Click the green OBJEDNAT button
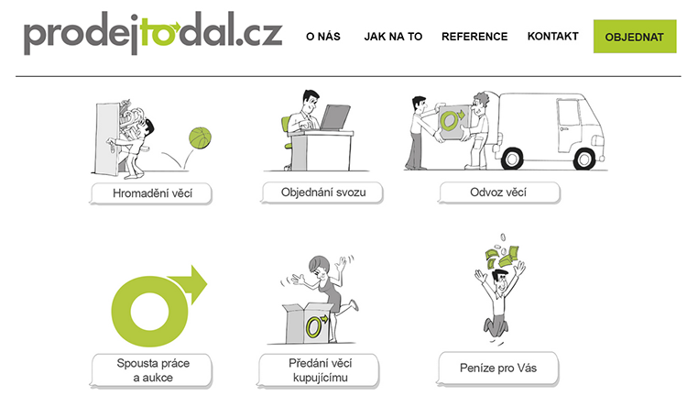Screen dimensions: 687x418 [635, 37]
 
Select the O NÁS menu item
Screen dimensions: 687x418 [323, 37]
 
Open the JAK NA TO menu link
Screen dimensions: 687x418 [393, 37]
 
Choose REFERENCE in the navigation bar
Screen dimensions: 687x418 [474, 37]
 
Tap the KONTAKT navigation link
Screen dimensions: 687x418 [553, 36]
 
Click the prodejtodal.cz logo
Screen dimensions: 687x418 [153, 33]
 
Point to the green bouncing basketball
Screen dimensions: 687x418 [201, 137]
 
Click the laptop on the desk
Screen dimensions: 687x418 [335, 117]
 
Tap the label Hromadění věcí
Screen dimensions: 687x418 [151, 193]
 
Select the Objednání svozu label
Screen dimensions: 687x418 [323, 192]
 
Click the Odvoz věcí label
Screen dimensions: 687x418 [498, 192]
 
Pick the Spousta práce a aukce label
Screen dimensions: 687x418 [152, 370]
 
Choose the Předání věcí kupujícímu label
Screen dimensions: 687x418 [320, 370]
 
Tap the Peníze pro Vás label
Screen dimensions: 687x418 [497, 368]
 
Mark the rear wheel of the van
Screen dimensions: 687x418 [512, 159]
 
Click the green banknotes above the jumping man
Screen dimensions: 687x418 [503, 257]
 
